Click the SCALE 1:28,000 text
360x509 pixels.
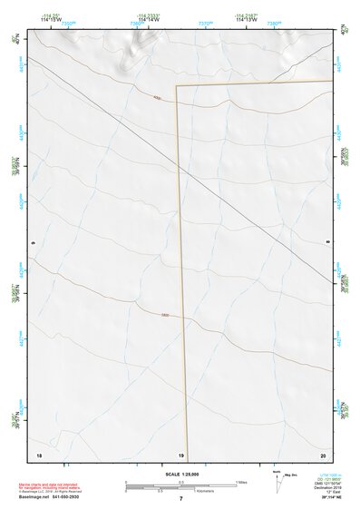click(180, 474)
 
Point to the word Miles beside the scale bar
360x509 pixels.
click(242, 482)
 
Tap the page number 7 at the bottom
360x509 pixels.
click(180, 498)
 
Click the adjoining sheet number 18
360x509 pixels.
click(38, 454)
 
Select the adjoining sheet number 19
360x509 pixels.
click(180, 454)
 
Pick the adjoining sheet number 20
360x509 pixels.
click(322, 454)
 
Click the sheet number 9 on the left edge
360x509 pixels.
click(34, 243)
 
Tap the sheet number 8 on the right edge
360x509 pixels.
click(327, 243)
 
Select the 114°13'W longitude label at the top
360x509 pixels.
click(247, 21)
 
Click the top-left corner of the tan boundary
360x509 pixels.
click(177, 86)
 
